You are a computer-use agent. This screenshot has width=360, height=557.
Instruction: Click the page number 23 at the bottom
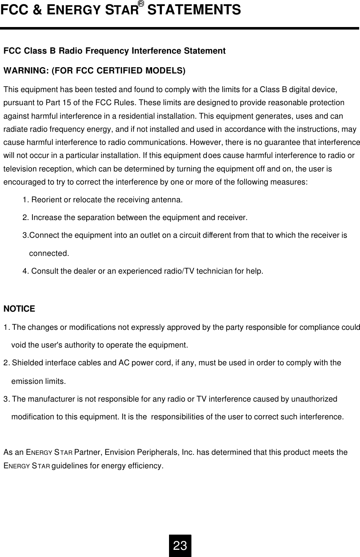pyautogui.click(x=180, y=546)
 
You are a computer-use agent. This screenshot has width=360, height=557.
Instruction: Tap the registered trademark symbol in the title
pyautogui.click(x=141, y=4)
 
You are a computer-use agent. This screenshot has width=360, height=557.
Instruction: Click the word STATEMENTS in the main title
pyautogui.click(x=194, y=9)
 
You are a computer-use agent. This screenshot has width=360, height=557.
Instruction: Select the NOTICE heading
pyautogui.click(x=19, y=309)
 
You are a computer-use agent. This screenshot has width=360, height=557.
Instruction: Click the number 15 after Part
pyautogui.click(x=62, y=103)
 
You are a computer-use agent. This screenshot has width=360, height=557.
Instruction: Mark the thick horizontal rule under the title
pyautogui.click(x=180, y=28)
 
